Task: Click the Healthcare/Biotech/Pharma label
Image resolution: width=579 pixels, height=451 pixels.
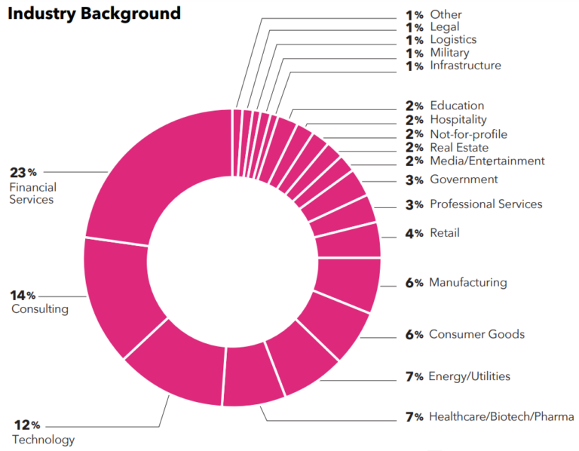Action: [501, 416]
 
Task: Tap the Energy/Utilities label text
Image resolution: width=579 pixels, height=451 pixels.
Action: [469, 376]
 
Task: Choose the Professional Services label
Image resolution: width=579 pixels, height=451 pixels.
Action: [486, 204]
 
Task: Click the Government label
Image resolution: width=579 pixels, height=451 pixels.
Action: [464, 179]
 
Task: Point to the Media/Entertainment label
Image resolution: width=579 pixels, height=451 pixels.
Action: [487, 161]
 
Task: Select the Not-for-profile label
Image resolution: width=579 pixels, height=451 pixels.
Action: [468, 134]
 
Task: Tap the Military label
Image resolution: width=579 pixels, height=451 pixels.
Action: [449, 53]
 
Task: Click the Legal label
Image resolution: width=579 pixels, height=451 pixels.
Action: [445, 27]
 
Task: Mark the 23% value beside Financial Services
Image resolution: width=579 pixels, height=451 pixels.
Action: [23, 173]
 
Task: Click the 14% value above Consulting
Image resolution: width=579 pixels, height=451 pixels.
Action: [23, 294]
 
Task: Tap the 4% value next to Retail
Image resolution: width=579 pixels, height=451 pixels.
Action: [414, 234]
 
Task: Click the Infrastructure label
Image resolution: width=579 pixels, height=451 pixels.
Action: [465, 66]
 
